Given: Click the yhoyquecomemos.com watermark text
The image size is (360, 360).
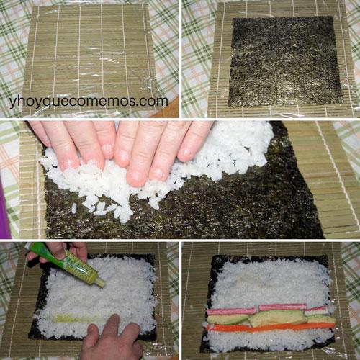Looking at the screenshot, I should click(89, 101).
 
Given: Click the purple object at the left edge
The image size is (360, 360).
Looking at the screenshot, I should click(5, 209).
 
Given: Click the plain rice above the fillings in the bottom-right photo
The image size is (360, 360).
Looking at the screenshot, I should click(270, 281).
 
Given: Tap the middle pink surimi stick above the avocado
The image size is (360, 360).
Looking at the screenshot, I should click(282, 307).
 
